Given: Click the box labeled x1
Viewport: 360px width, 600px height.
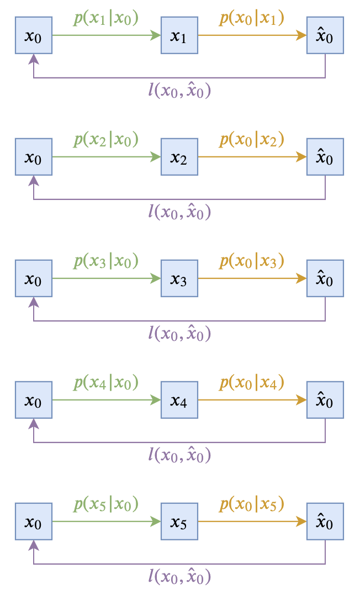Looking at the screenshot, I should [179, 35].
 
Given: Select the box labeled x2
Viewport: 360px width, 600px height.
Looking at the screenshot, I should [179, 157].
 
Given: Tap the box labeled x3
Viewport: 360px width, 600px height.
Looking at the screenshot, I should [179, 278].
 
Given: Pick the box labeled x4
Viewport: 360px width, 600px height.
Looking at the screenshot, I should [179, 400].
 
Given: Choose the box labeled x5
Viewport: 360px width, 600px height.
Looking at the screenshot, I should [179, 522].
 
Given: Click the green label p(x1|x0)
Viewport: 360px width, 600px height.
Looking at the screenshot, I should [106, 18].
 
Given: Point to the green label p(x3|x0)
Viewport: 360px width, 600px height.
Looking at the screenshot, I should [106, 261].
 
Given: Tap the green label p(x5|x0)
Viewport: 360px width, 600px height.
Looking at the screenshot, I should [106, 504].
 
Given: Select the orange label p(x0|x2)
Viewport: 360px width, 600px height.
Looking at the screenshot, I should [252, 140].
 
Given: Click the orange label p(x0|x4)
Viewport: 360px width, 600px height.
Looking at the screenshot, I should [252, 383].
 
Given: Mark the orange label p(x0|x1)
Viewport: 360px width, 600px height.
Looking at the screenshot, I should [252, 18].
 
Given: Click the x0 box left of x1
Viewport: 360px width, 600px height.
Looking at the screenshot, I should [34, 35].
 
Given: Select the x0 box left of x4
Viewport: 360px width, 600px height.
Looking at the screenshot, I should [34, 400].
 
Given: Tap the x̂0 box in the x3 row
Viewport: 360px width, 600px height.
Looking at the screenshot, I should [325, 278].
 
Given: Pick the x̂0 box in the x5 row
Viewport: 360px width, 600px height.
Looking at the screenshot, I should [325, 522].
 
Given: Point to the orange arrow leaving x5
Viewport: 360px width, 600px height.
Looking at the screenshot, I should [252, 522].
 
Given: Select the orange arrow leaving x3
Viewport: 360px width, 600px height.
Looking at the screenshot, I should [252, 278].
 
